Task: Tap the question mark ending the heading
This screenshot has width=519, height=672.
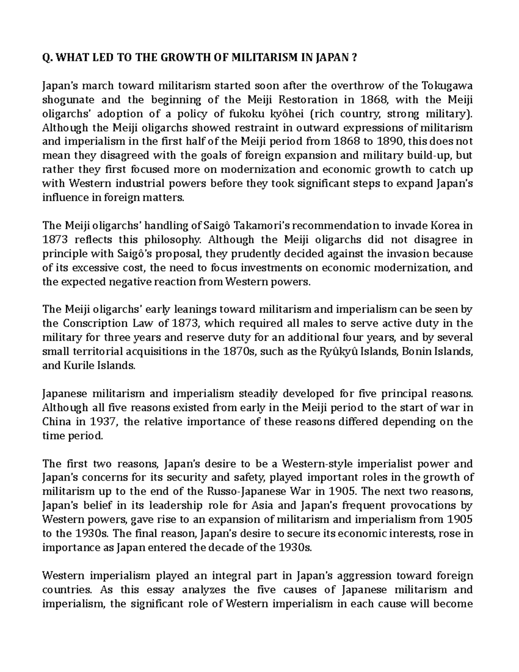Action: [x=354, y=58]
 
